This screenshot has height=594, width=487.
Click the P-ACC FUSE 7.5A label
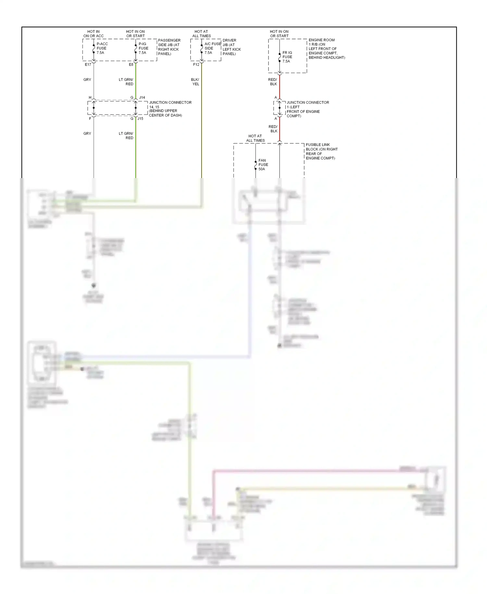[x=102, y=48]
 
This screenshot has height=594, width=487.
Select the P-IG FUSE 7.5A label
[x=143, y=48]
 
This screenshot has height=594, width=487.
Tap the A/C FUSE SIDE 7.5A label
[x=212, y=48]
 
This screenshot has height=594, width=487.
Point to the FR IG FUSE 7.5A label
[x=287, y=57]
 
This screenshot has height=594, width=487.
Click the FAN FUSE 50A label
[x=263, y=165]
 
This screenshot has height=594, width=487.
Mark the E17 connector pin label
[x=88, y=65]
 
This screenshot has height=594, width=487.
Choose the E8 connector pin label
[x=131, y=65]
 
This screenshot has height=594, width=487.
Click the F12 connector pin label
[x=196, y=65]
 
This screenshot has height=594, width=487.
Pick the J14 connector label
[x=142, y=97]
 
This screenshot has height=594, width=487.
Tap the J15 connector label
[x=140, y=119]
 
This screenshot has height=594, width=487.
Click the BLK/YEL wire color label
[x=195, y=82]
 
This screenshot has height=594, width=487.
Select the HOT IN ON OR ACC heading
[x=94, y=34]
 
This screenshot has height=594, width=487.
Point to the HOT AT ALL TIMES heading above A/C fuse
[x=201, y=34]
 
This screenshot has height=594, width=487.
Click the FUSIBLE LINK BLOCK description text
[x=321, y=151]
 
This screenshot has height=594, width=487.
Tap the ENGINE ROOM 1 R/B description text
[x=326, y=49]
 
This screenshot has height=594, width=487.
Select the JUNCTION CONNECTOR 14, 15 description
[x=170, y=109]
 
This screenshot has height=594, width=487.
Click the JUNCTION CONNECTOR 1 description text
[x=307, y=109]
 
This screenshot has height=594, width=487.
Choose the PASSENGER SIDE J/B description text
[x=169, y=47]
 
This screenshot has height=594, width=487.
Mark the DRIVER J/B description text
[x=231, y=47]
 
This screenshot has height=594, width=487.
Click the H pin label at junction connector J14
[x=90, y=97]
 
